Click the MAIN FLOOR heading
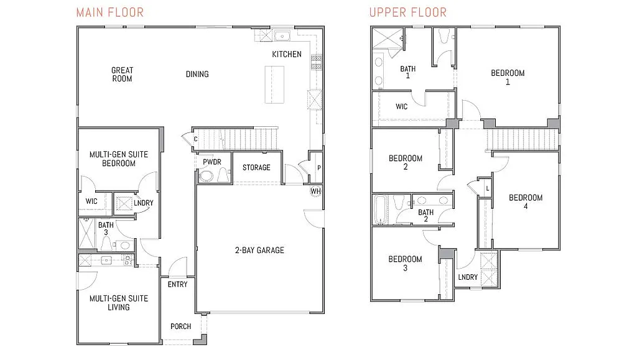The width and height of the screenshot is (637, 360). tap(110, 12)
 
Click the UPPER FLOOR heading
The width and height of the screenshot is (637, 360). tap(407, 12)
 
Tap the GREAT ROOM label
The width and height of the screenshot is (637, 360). tap(122, 75)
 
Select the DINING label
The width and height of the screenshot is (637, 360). tap(197, 75)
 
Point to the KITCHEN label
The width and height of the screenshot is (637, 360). tap(286, 54)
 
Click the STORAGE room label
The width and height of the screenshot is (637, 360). tap(256, 168)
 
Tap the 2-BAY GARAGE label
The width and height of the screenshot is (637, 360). tap(259, 251)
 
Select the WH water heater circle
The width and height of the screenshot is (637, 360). tap(315, 191)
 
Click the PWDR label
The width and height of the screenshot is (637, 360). tap(212, 162)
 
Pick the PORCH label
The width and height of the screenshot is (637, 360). tap(180, 326)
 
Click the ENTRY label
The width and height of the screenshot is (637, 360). tap(177, 285)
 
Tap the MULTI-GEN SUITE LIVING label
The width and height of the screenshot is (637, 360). tap(118, 303)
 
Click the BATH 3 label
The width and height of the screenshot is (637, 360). tap(106, 229)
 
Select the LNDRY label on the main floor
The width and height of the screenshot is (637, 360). tap(143, 203)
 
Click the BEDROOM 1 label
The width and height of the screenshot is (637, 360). tap(508, 77)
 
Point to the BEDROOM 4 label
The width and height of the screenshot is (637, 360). tap(526, 202)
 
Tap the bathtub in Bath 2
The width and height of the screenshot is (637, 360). tap(381, 210)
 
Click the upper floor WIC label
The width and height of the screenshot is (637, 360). tap(402, 107)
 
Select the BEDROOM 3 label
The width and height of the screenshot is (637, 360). tap(405, 264)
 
